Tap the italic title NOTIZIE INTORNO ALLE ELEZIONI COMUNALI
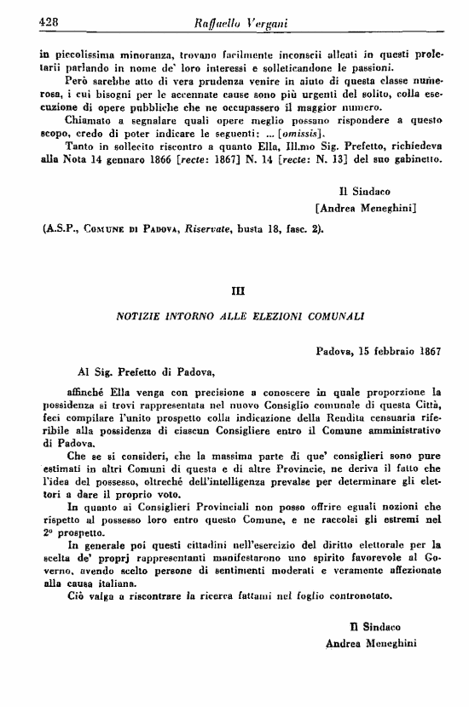tap(240, 315)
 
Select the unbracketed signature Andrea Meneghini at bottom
tap(373, 644)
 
